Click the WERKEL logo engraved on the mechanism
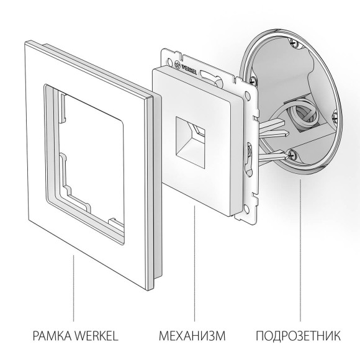point(192,66)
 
